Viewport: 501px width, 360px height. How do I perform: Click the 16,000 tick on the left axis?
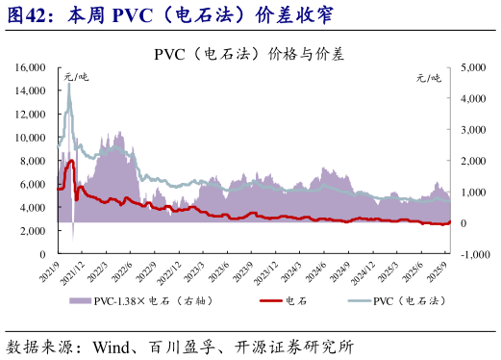click(x=34, y=67)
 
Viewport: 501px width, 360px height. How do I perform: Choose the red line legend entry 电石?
click(x=275, y=301)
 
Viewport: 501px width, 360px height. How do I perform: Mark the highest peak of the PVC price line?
click(x=69, y=84)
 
